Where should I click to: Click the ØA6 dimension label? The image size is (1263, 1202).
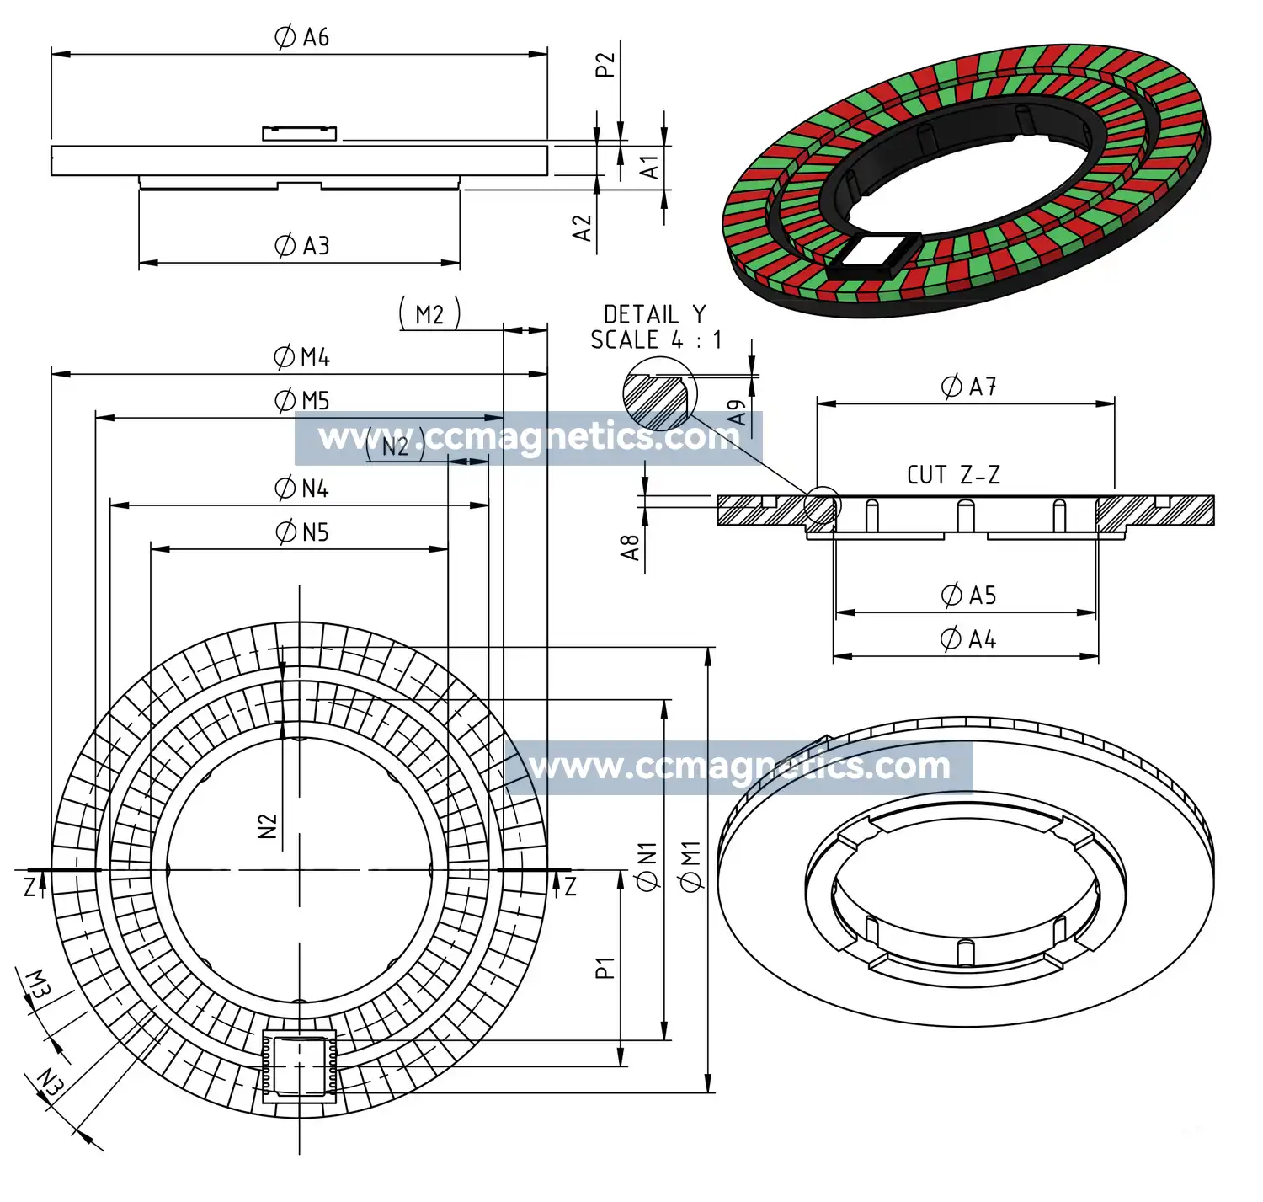coord(301,37)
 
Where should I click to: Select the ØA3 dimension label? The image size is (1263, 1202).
coord(301,246)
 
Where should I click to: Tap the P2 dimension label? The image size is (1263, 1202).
coord(605,65)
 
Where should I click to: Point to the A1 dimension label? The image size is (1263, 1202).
coord(649,166)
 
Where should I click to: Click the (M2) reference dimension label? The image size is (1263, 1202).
coord(429,314)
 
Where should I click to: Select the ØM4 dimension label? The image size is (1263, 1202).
coord(301,357)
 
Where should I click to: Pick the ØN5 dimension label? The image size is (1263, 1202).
coord(301,532)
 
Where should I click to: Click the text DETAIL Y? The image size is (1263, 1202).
coord(654,314)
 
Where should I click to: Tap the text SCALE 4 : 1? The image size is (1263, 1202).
coord(656,340)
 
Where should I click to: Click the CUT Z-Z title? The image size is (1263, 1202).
coord(953,475)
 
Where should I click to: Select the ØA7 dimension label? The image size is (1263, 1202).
coord(968,387)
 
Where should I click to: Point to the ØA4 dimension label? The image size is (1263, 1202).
coord(967,639)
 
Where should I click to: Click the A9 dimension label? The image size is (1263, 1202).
coord(738,412)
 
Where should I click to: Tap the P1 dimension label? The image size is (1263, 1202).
coord(605,967)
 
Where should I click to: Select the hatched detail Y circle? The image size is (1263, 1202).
coord(660,394)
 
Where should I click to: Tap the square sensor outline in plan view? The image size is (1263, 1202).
coord(300,1066)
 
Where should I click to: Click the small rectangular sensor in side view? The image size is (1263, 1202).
coord(299,133)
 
